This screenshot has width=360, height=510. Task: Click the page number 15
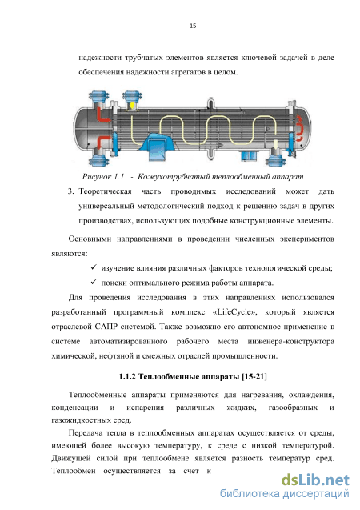point(193,26)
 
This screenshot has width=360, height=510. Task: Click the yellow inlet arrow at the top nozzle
point(132,106)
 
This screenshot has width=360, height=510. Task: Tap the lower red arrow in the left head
point(103,143)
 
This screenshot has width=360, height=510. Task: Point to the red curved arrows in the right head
point(302,132)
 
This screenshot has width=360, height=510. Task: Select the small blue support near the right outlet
point(250,155)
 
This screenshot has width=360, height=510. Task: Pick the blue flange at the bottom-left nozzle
point(98,161)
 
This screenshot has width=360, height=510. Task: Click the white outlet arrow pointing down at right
point(276,147)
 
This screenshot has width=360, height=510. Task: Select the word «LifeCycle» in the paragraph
point(234,312)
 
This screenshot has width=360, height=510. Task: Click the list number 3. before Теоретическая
point(71,191)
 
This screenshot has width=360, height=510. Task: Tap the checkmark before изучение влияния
point(94,267)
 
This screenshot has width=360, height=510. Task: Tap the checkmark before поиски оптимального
point(94,282)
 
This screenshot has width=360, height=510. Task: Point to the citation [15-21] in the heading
point(254,376)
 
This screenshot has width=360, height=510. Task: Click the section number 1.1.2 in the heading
point(127,376)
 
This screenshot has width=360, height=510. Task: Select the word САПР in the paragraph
point(106,327)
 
